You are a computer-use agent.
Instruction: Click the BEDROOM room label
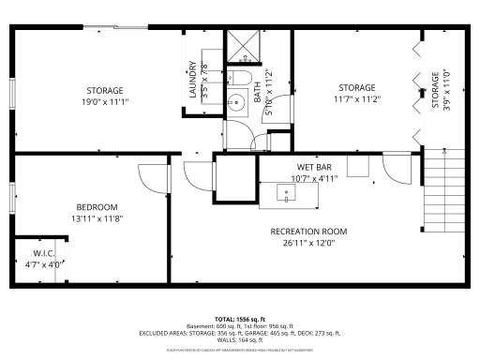[x=97, y=207]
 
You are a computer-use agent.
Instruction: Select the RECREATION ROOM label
[x=308, y=232]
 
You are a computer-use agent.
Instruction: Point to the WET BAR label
[x=304, y=166]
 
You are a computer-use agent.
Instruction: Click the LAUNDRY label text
[x=193, y=80]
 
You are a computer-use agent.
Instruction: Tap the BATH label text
[x=258, y=92]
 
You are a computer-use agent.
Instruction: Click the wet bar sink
[x=286, y=194]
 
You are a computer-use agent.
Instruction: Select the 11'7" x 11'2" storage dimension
[x=356, y=99]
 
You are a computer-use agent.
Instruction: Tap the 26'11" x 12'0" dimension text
[x=308, y=244]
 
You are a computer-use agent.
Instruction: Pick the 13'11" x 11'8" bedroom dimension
[x=97, y=219]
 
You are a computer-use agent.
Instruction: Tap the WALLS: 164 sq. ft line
[x=240, y=339]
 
